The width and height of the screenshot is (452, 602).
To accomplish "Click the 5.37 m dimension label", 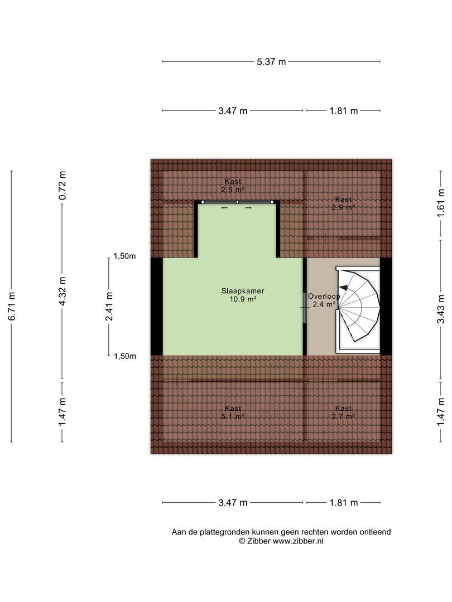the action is coord(271,62).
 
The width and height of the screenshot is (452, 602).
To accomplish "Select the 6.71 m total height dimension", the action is coord(12,306).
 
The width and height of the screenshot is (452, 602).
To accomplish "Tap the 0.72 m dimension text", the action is coord(62,185).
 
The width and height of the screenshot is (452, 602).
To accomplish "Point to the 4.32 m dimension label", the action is coord(62,292).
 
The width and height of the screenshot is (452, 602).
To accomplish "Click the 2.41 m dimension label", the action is coord(109,307).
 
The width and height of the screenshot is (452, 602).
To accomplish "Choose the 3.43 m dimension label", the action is coord(441,309).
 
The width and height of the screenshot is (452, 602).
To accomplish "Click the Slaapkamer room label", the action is coord(243,291).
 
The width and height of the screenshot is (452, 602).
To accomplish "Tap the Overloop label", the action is coord(324,297).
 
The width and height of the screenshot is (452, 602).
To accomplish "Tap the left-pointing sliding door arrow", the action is coord(224,208).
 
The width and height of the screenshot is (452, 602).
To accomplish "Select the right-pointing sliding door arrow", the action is coord(248,208).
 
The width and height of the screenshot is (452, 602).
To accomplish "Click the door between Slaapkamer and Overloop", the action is coord(305,308).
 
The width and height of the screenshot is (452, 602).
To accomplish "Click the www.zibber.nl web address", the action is coord(298,541).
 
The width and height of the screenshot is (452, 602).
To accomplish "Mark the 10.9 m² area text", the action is coord(243,299).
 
